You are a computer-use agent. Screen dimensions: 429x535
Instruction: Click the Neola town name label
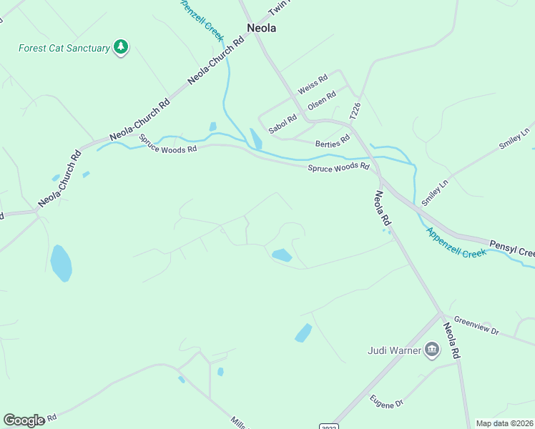(x=261, y=29)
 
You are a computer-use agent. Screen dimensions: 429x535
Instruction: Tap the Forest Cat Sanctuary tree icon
(x=122, y=47)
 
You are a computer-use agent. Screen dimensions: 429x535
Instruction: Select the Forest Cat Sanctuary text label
(x=64, y=49)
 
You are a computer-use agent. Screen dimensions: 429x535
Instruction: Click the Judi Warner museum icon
(x=432, y=350)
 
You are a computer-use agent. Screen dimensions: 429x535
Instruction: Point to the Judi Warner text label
(x=395, y=350)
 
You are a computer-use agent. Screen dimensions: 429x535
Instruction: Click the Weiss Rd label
(x=313, y=83)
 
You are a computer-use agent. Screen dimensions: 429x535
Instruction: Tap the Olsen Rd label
(x=322, y=101)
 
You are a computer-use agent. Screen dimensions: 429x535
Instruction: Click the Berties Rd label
(x=333, y=141)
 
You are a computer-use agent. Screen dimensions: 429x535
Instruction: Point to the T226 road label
(x=355, y=109)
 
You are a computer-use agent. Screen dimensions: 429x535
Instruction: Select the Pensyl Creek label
(x=512, y=250)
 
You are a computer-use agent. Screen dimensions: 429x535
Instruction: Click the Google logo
(x=24, y=420)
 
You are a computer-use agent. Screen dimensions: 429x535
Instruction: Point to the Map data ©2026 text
(x=504, y=423)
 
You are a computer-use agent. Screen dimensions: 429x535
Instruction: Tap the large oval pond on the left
(x=61, y=263)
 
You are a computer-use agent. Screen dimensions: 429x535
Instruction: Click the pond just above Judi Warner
(x=303, y=333)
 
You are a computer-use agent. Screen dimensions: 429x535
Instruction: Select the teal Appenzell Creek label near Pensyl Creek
(x=456, y=242)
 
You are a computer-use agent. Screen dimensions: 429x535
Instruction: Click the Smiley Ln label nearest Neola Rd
(x=434, y=192)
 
